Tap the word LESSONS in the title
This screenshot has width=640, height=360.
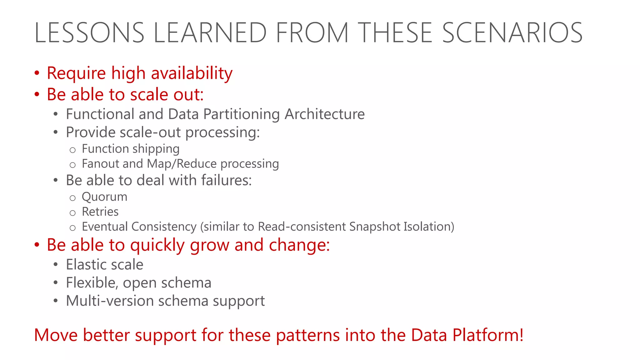(89, 32)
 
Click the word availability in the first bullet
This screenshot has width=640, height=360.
(192, 73)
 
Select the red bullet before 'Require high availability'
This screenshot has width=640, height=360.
(37, 73)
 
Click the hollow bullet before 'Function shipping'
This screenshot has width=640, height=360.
(72, 150)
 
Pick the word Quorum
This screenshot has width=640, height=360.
(104, 197)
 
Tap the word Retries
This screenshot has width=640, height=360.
(100, 212)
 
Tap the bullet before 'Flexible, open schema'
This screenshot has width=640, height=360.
(56, 283)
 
